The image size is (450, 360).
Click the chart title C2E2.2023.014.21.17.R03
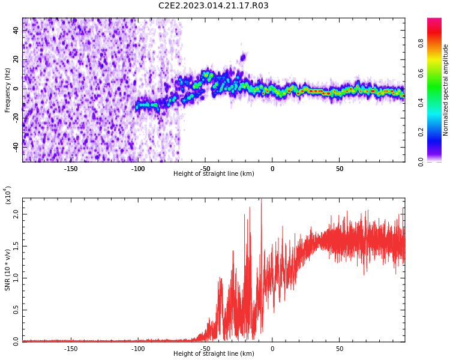point(214,6)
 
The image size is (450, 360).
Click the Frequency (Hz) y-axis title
point(8,90)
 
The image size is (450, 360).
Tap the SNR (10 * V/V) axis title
point(8,268)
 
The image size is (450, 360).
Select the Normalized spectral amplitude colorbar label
point(446,90)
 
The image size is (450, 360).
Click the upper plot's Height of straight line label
point(214,174)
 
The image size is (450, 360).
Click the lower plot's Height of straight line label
point(214,354)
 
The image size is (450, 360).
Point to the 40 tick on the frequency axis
point(16,31)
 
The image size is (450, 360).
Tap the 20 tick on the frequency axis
point(16,59)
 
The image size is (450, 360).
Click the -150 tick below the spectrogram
point(71,169)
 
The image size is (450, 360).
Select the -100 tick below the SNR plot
point(138,349)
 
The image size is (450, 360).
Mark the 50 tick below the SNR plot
point(339,349)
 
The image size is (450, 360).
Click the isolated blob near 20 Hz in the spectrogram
point(243,58)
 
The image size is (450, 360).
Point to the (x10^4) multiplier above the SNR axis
point(8,195)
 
